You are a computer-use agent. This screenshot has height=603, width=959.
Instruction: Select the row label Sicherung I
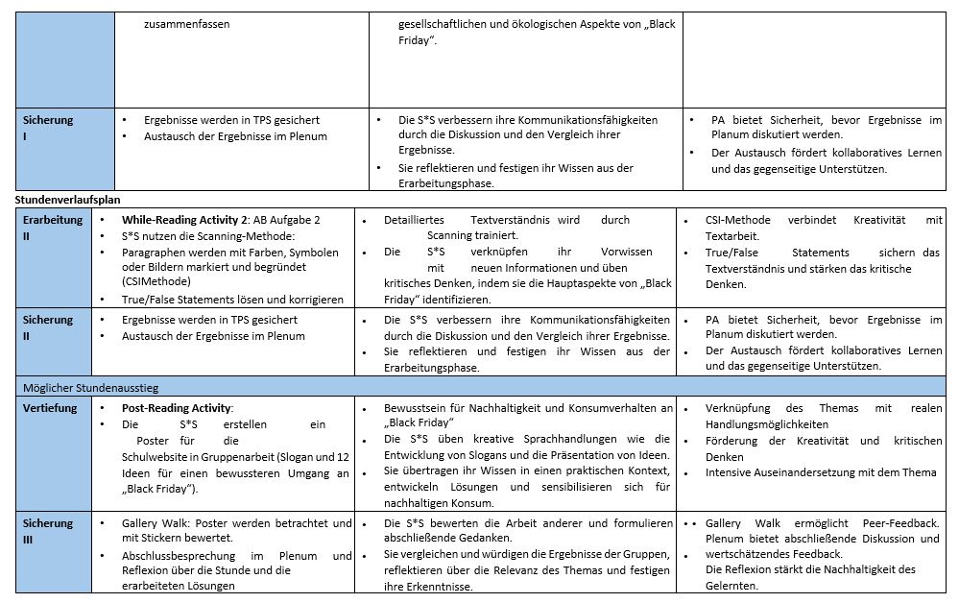pyautogui.click(x=48, y=128)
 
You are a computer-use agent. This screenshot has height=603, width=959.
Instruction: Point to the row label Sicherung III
pyautogui.click(x=48, y=531)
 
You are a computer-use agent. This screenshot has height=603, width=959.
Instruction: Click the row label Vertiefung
pyautogui.click(x=50, y=408)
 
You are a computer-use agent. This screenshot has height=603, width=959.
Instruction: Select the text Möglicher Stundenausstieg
pyautogui.click(x=91, y=387)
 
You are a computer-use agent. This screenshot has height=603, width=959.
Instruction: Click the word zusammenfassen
pyautogui.click(x=186, y=23)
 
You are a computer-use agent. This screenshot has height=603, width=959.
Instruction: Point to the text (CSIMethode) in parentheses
pyautogui.click(x=156, y=283)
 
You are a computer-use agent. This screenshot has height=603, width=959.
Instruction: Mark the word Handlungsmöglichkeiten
pyautogui.click(x=766, y=423)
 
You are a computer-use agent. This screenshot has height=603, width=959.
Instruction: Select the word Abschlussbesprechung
pyautogui.click(x=185, y=555)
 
